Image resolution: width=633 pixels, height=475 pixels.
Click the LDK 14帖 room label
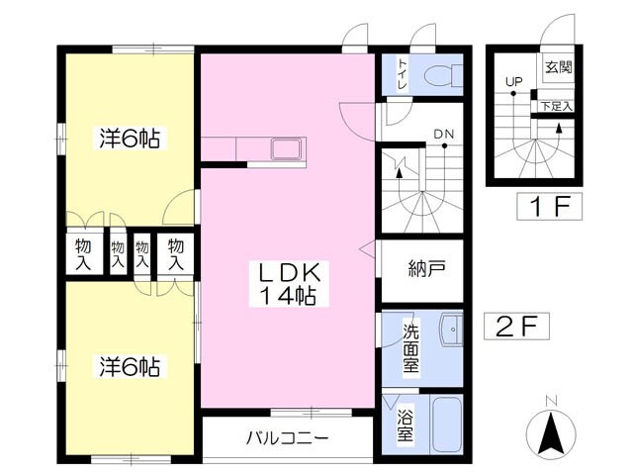(x=288, y=284)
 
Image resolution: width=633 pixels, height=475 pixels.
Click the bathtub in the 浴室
(x=446, y=424)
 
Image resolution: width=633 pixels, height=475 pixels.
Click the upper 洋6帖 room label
(x=129, y=139)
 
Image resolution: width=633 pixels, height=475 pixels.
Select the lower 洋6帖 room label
(x=129, y=367)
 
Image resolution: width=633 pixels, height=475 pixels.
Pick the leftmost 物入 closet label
(x=83, y=254)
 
